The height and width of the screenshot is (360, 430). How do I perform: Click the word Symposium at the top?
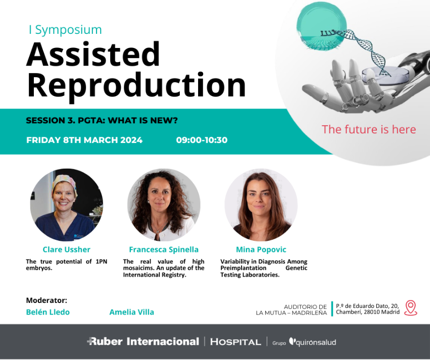coord(69,30)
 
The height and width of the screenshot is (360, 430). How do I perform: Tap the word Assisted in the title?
coord(93,54)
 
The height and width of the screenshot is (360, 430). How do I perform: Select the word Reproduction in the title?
coord(136,86)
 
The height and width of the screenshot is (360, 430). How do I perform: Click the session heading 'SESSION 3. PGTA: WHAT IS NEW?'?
coord(102,120)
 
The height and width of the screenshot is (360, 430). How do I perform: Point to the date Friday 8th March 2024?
coord(84,140)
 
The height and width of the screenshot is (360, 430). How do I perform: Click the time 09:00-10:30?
coord(202,140)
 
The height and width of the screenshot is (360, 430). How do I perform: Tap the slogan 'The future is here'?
coord(368,129)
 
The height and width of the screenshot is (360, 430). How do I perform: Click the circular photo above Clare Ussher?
coord(67,205)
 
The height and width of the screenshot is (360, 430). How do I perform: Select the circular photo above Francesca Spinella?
coord(164,205)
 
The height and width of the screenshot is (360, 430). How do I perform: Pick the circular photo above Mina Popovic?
coord(261,205)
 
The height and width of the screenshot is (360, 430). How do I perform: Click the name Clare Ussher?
coord(66,249)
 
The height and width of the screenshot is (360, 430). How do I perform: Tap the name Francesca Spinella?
coord(164,249)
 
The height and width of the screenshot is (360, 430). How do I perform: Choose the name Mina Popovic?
coord(261,249)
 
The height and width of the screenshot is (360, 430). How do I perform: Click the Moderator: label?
coord(46,300)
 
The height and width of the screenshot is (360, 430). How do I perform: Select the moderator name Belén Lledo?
coord(47,312)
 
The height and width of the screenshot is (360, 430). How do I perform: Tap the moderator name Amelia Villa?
coord(132,312)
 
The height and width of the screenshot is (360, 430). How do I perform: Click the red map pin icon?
coord(410,308)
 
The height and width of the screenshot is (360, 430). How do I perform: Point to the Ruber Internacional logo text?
coord(143,342)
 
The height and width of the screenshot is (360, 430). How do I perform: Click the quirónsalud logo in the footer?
coord(312,342)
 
